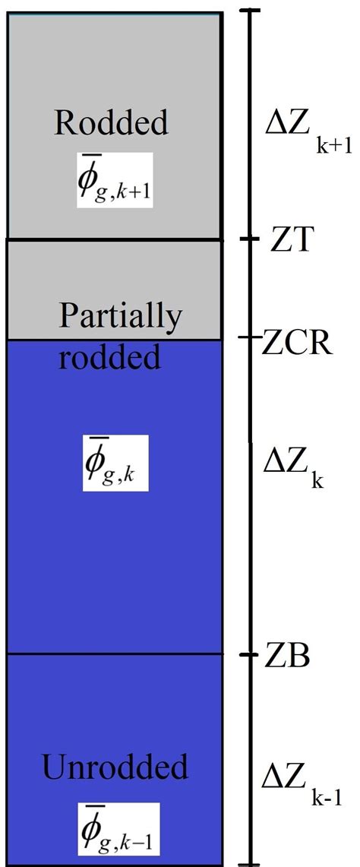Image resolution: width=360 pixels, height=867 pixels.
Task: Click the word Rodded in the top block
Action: [113, 122]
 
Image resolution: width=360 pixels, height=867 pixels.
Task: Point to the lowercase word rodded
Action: [110, 356]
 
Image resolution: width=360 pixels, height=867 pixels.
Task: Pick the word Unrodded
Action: [115, 767]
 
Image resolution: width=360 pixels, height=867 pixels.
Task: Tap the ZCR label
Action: [297, 343]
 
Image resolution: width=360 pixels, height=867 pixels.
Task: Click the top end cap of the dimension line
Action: [251, 10]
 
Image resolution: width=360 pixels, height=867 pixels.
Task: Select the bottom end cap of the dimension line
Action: [251, 864]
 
